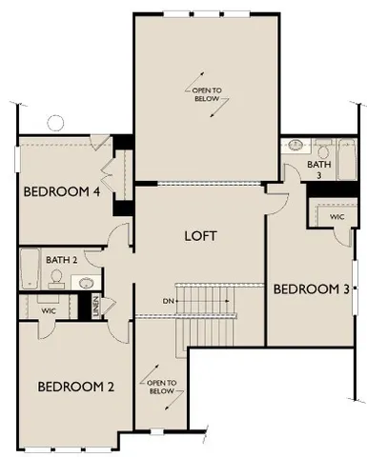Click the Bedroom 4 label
coord(61,190)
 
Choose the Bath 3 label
coord(319,169)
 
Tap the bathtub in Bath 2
coord(29,269)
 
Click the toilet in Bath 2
coord(57,278)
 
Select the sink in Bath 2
coord(85,283)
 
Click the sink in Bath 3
coord(293,147)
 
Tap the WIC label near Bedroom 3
coord(336,217)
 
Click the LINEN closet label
coord(97,309)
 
